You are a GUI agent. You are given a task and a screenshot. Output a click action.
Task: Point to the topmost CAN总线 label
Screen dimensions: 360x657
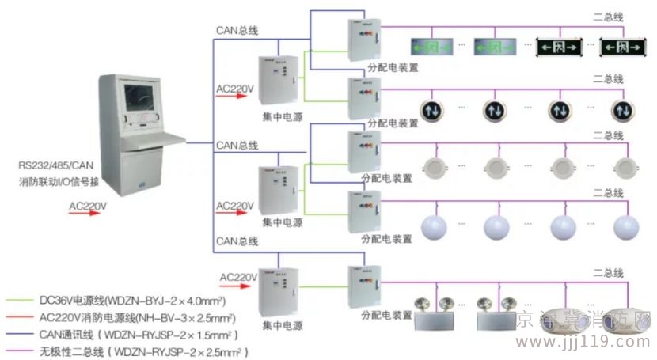[237, 31]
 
